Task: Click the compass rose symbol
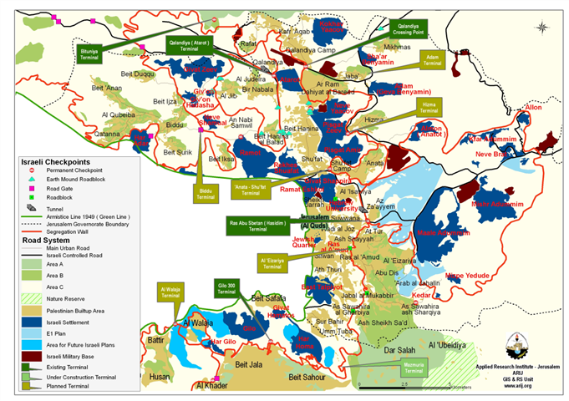coord(544,27)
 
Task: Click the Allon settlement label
coord(532,108)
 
